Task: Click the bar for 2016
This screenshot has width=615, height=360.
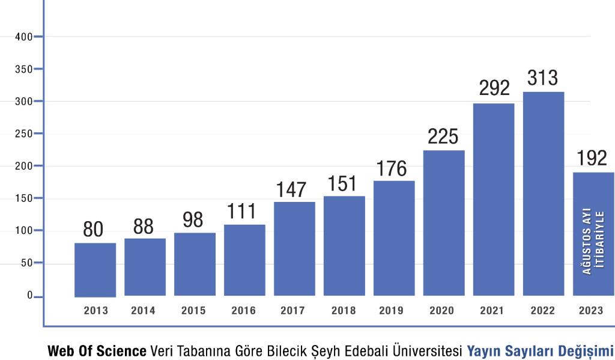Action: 244,260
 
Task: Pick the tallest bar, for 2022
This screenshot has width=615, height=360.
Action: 544,194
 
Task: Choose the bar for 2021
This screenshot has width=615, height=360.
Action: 494,200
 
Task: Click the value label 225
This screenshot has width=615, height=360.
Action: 443,136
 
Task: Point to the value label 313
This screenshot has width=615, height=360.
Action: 543,78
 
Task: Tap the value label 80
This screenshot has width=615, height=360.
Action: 93,230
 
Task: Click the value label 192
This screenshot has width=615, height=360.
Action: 592,158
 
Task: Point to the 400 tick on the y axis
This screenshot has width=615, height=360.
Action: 24,37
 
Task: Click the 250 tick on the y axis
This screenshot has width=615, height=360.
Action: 24,133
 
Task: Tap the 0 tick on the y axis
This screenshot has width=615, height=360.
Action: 29,296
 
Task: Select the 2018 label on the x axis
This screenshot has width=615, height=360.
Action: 343,311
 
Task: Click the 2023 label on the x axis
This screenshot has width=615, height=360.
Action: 592,311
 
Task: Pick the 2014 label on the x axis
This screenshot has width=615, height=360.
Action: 143,311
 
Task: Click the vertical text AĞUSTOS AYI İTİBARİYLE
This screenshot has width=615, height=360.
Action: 593,240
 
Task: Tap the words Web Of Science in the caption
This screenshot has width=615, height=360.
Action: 97,350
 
